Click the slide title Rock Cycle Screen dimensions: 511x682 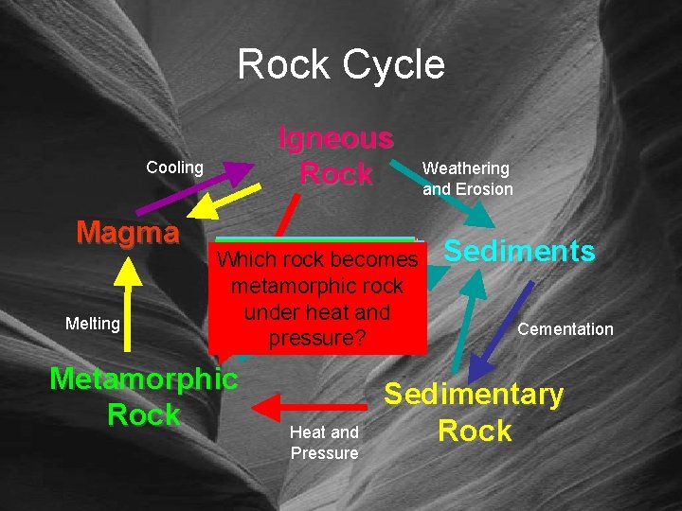pos(341,64)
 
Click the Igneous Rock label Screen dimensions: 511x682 pos(335,156)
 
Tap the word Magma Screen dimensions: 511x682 pos(128,232)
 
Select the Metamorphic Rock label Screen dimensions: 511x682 pos(144,396)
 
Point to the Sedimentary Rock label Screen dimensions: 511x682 pos(474,413)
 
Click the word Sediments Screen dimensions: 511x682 pos(519,251)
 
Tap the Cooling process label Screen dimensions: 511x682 pos(174,167)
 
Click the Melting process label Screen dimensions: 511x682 pos(93,324)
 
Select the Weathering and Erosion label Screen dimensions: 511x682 pos(467,179)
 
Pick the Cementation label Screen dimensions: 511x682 pos(565,329)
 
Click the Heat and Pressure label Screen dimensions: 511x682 pos(324,443)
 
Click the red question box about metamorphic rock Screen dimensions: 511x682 pos(316,296)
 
